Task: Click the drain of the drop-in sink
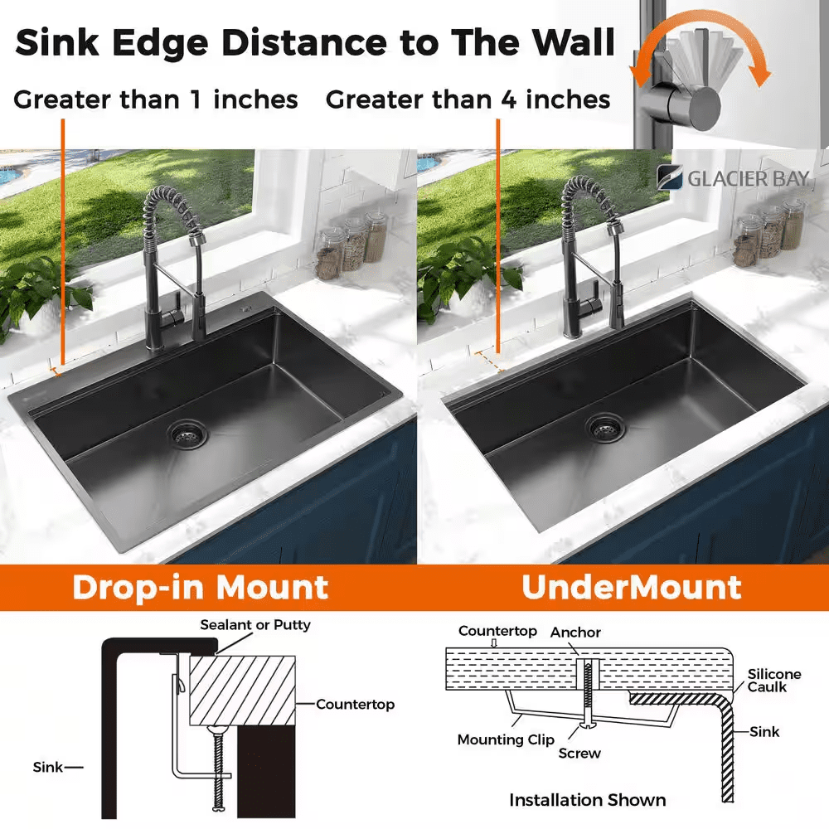(x=187, y=434)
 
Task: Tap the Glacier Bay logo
(x=734, y=178)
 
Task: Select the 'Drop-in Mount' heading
(x=201, y=588)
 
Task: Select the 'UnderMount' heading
(x=631, y=587)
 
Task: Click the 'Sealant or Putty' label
(x=255, y=625)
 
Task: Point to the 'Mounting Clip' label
(x=506, y=740)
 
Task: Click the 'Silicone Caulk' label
(x=774, y=681)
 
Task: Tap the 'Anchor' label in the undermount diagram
(x=575, y=633)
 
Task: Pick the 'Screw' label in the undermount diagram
(x=579, y=753)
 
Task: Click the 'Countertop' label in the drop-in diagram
(x=356, y=704)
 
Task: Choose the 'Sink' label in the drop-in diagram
(x=47, y=767)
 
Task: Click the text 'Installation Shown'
(x=588, y=801)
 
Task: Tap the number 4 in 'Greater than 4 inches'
(x=509, y=99)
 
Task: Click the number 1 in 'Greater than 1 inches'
(x=196, y=99)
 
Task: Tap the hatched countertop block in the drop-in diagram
(x=242, y=691)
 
